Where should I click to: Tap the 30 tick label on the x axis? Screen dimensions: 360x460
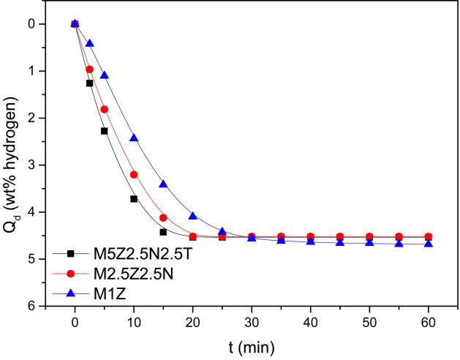pyautogui.click(x=252, y=323)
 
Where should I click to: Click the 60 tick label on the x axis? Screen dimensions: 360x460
pyautogui.click(x=429, y=323)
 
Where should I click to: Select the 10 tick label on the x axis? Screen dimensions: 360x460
pyautogui.click(x=134, y=323)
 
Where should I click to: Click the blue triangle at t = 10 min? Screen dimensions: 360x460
pyautogui.click(x=134, y=138)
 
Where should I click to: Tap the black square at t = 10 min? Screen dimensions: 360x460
pyautogui.click(x=134, y=198)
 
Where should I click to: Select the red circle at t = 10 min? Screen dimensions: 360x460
pyautogui.click(x=134, y=174)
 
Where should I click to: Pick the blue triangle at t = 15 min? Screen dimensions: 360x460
pyautogui.click(x=163, y=184)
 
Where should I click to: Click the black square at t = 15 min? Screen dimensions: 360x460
pyautogui.click(x=163, y=232)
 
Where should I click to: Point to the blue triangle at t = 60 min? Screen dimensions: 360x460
pyautogui.click(x=429, y=243)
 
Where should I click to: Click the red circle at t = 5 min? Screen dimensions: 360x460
pyautogui.click(x=105, y=109)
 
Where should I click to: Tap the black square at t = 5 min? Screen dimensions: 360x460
pyautogui.click(x=105, y=131)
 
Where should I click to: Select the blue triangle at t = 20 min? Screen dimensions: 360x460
pyautogui.click(x=193, y=216)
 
